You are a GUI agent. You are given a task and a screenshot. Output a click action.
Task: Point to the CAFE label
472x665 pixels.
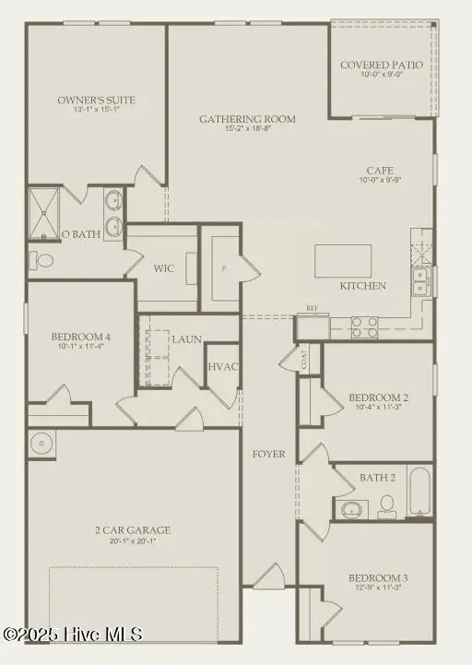(x=382, y=171)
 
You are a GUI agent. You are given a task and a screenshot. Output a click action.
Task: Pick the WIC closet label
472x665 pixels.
(x=165, y=268)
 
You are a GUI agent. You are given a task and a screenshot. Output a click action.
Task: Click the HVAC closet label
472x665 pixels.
(x=223, y=367)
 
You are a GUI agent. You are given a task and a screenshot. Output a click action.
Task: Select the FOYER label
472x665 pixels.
(x=269, y=454)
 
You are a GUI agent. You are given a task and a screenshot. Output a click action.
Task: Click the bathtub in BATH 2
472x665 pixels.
(x=419, y=493)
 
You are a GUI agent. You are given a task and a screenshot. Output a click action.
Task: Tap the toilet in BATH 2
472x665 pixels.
(x=387, y=504)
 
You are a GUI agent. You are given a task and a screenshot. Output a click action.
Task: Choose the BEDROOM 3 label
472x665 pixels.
(x=378, y=578)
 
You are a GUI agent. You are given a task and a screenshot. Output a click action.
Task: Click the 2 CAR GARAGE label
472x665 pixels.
(x=133, y=530)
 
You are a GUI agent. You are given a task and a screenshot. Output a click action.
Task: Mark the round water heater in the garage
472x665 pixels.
(x=41, y=444)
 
